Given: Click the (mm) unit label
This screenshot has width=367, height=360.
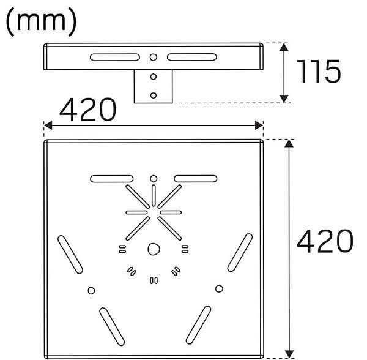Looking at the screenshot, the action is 41,21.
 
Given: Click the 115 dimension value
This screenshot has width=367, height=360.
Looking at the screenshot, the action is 319,72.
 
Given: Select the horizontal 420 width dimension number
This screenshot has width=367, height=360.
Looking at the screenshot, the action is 87,110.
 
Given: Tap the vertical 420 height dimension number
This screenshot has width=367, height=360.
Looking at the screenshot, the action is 325,241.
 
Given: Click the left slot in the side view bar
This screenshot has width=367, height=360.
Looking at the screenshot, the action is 115,58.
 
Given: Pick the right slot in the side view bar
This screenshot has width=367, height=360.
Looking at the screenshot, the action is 192,58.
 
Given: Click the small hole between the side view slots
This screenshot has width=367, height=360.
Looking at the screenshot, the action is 154,57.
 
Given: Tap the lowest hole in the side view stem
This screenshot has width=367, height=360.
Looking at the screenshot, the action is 154,96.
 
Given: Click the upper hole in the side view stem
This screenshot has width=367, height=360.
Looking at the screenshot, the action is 154,77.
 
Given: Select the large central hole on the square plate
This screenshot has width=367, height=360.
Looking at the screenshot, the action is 154,249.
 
